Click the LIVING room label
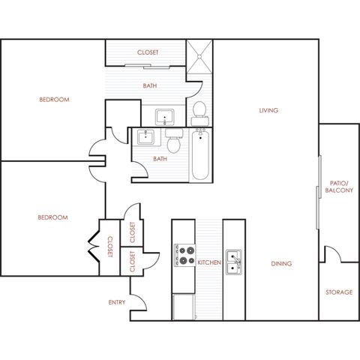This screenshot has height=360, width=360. (268, 110)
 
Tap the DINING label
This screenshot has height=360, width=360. (281, 263)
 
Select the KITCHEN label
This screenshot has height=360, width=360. (209, 262)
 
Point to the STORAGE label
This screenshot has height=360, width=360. (339, 292)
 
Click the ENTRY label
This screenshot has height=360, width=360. (117, 302)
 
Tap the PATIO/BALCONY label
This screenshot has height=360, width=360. (339, 187)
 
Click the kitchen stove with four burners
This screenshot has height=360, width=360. (184, 256)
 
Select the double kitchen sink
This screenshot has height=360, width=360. (234, 262)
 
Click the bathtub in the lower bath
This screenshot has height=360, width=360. (200, 154)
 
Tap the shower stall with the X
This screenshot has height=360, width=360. (199, 56)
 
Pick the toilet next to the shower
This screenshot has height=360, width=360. (199, 114)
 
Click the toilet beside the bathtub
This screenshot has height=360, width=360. (174, 141)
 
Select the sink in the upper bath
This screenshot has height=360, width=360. (164, 117)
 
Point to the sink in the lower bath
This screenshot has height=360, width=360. (145, 137)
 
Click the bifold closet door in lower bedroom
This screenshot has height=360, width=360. (94, 247)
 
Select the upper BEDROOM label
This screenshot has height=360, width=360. (54, 100)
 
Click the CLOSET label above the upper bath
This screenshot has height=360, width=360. (148, 52)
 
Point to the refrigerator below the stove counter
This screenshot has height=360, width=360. (184, 307)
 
